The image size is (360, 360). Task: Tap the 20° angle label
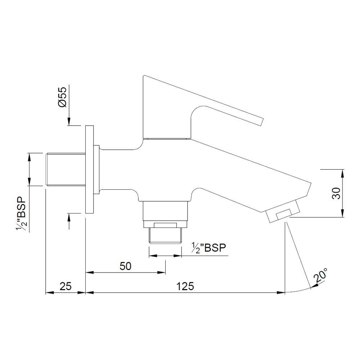(321, 275)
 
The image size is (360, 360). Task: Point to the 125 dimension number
(185, 286)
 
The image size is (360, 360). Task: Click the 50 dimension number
(125, 266)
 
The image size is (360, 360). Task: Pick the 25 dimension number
(65, 286)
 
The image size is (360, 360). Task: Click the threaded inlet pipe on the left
(65, 170)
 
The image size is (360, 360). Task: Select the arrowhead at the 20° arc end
(313, 286)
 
